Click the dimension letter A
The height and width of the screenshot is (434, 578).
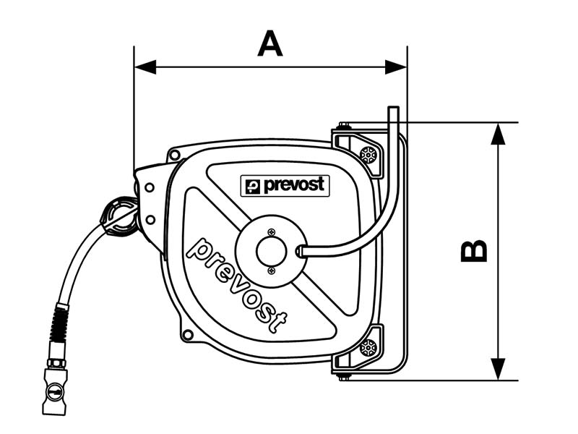[x=270, y=44]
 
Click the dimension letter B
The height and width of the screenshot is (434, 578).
[x=475, y=250]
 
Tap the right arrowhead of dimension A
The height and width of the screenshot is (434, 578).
[x=397, y=67]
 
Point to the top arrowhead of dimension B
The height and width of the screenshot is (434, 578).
[x=498, y=133]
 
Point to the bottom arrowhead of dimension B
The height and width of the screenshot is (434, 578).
[x=498, y=369]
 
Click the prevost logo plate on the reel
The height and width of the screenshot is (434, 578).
[x=285, y=186]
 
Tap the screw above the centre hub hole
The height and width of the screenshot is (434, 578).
[x=271, y=231]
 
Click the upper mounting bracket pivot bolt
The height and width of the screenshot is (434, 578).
[x=368, y=154]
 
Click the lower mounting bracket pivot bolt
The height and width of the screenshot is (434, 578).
[x=368, y=347]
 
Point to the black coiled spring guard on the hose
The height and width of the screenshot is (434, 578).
[x=60, y=325]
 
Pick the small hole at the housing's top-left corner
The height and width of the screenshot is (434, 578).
[x=174, y=156]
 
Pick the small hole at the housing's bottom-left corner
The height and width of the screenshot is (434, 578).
[x=188, y=334]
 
